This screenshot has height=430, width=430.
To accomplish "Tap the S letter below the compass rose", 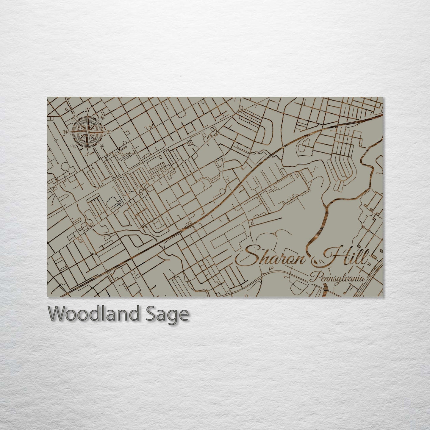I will (x=87, y=154).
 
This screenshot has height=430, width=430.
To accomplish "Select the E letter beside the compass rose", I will (x=109, y=132).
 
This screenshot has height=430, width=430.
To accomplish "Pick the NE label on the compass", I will (x=102, y=117).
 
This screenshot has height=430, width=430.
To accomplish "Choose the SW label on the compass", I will (x=73, y=146).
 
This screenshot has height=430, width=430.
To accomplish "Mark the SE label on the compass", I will (x=102, y=146).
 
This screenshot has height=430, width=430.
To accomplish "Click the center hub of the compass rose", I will (x=87, y=132).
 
